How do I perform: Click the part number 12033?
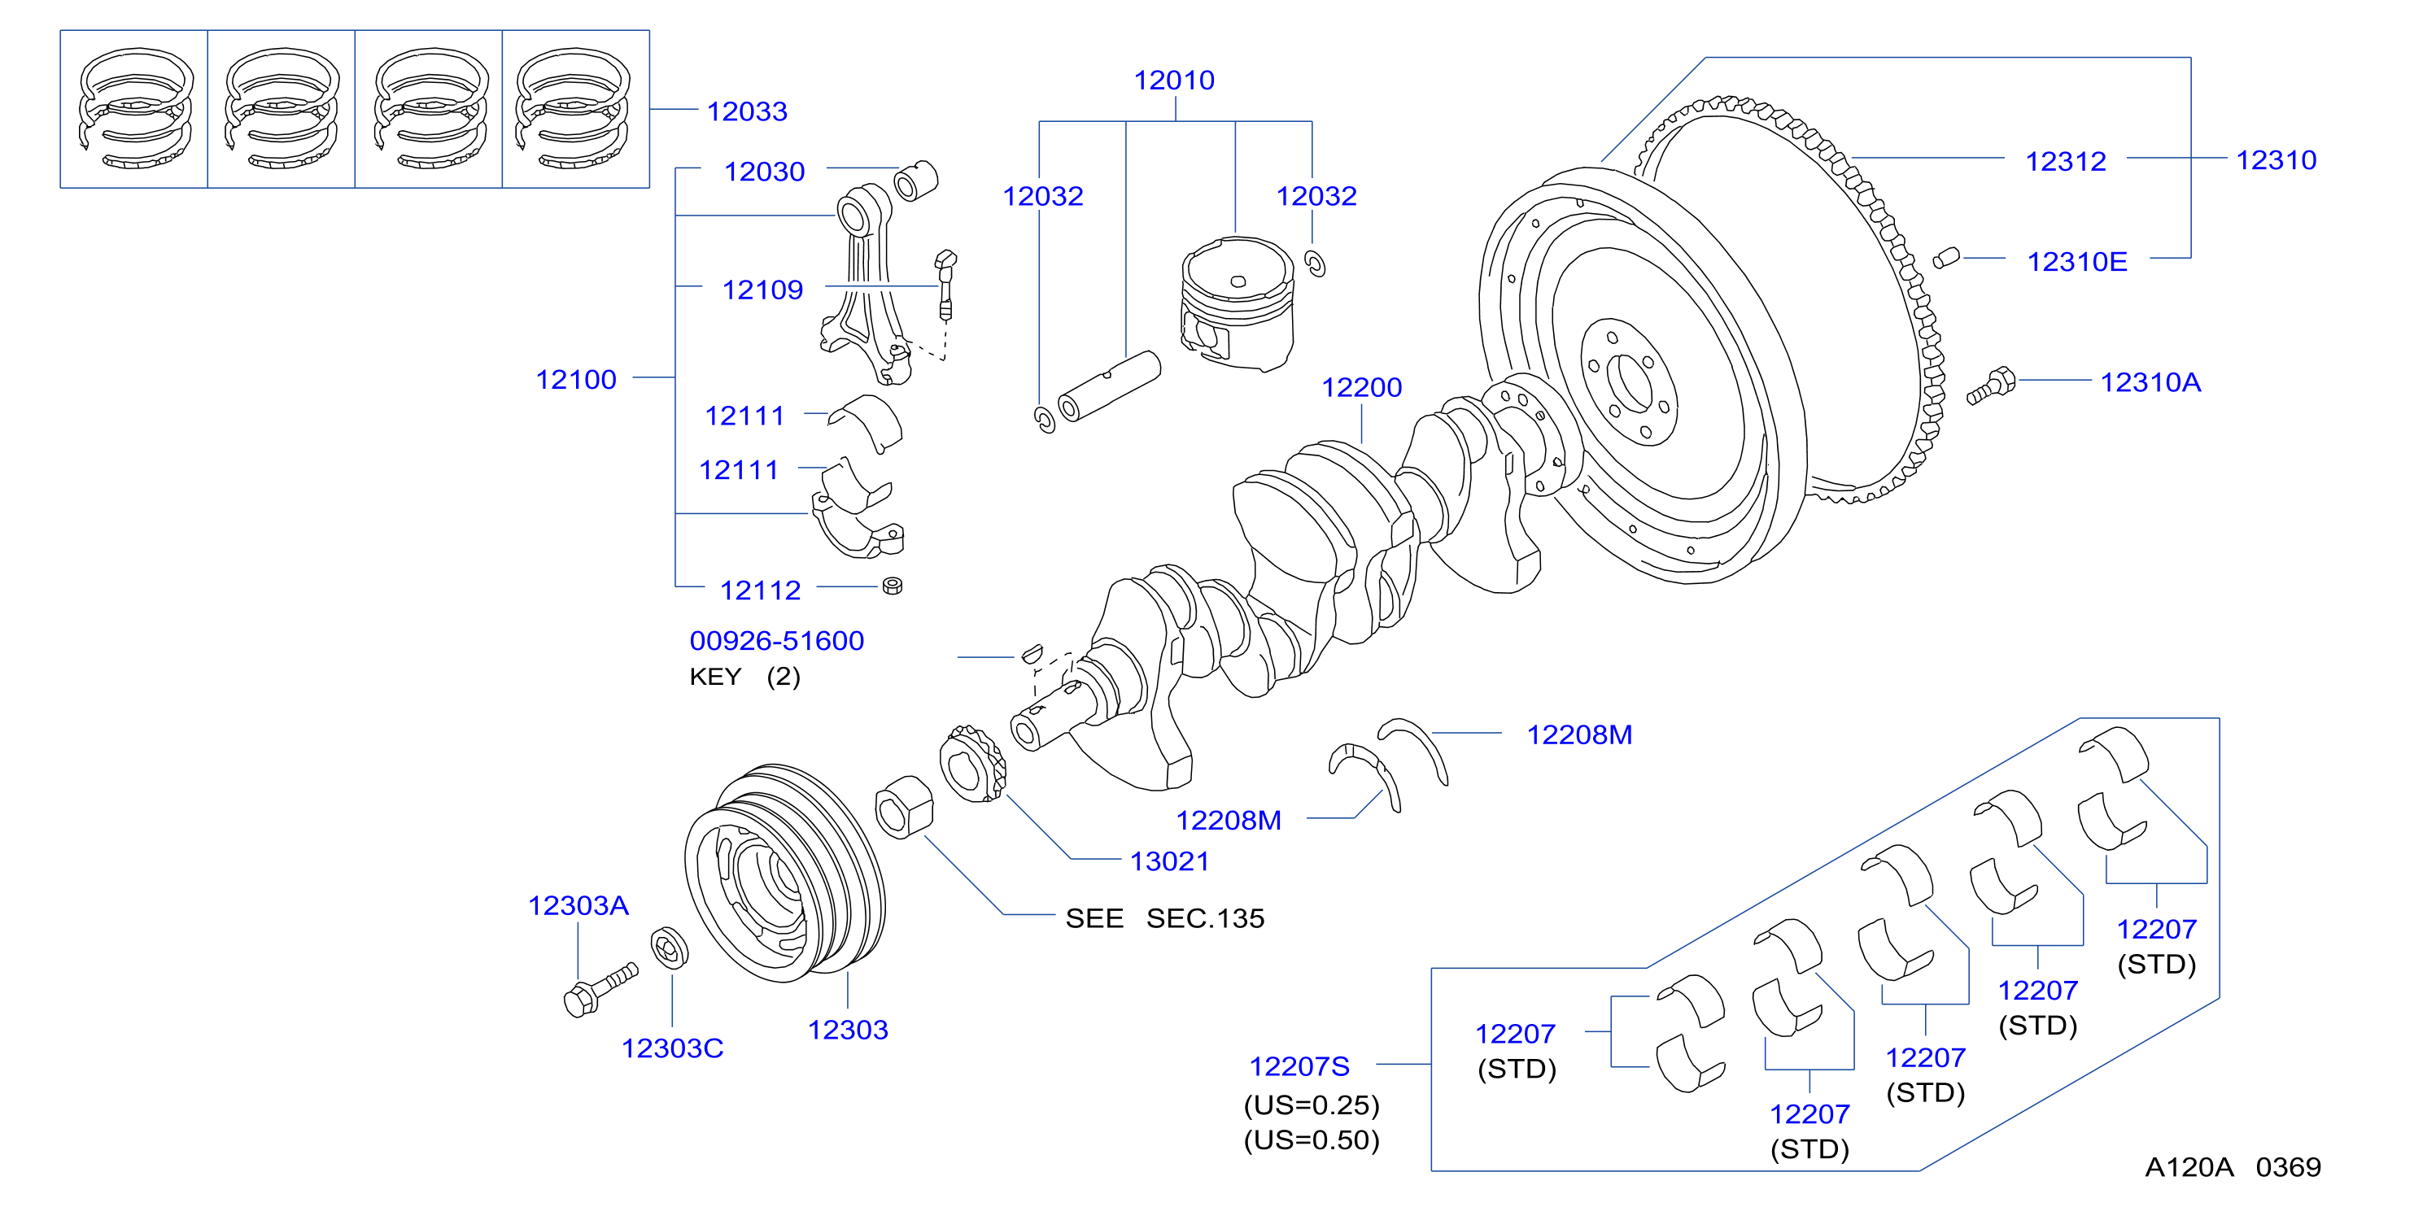(747, 111)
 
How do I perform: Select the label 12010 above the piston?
(1174, 81)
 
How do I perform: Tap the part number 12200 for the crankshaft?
(1362, 387)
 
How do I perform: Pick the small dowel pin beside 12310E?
(1945, 258)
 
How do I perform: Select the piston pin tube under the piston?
(1109, 386)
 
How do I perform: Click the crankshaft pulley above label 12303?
(785, 873)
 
